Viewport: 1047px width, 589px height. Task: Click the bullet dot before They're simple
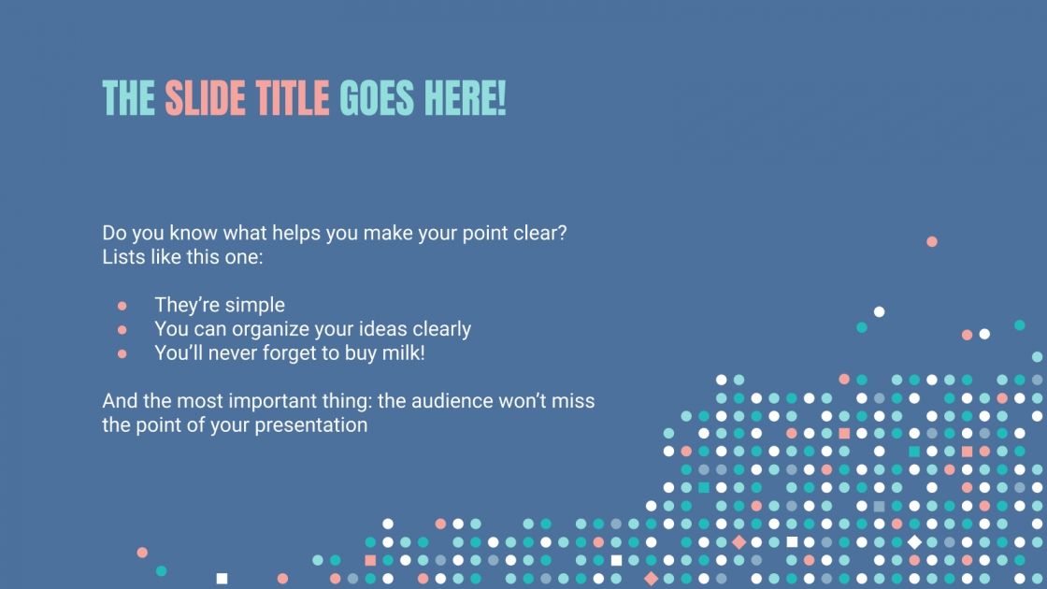[122, 306]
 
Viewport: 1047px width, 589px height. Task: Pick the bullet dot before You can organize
[122, 330]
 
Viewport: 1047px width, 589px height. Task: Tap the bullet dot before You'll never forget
[122, 354]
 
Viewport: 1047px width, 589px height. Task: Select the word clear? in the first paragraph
[539, 233]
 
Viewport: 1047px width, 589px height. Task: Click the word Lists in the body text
[122, 256]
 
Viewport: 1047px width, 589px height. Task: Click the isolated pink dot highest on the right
[932, 241]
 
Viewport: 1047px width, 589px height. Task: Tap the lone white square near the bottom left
[222, 579]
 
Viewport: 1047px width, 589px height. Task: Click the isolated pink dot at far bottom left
[142, 553]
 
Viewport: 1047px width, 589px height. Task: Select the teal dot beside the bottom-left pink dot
[161, 570]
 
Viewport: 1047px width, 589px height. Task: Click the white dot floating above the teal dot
[879, 311]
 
